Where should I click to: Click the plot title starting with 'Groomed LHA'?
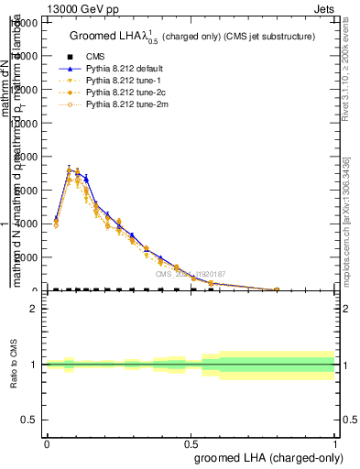click(x=192, y=36)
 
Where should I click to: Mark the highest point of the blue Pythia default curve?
click(x=70, y=169)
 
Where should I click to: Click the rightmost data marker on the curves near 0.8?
click(x=277, y=289)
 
